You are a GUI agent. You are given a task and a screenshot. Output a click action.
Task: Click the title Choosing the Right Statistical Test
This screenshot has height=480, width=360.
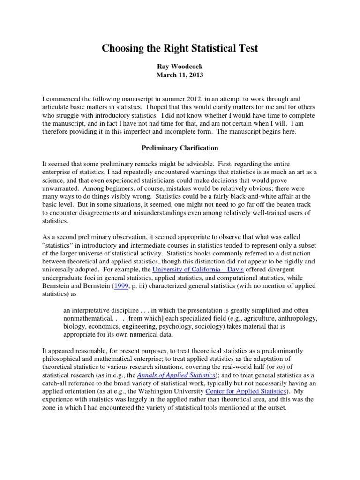(180, 48)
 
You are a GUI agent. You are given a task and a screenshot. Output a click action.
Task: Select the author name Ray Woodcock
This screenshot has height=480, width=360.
(180, 67)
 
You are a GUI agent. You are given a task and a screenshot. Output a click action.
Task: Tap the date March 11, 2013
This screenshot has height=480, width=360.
(180, 75)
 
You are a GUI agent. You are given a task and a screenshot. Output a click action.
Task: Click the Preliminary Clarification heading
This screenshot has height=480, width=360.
(180, 148)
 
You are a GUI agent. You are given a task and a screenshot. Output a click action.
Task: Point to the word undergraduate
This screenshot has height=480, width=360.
(65, 277)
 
